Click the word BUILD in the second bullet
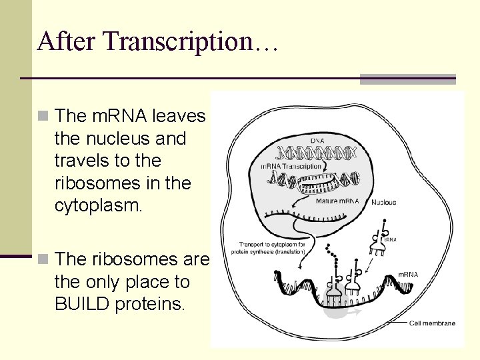point(83,305)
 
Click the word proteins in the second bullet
point(153,305)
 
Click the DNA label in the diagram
point(317,141)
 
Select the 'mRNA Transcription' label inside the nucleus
point(291,166)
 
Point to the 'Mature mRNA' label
point(337,201)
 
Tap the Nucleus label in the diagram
point(383,202)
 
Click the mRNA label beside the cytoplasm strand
point(408,274)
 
